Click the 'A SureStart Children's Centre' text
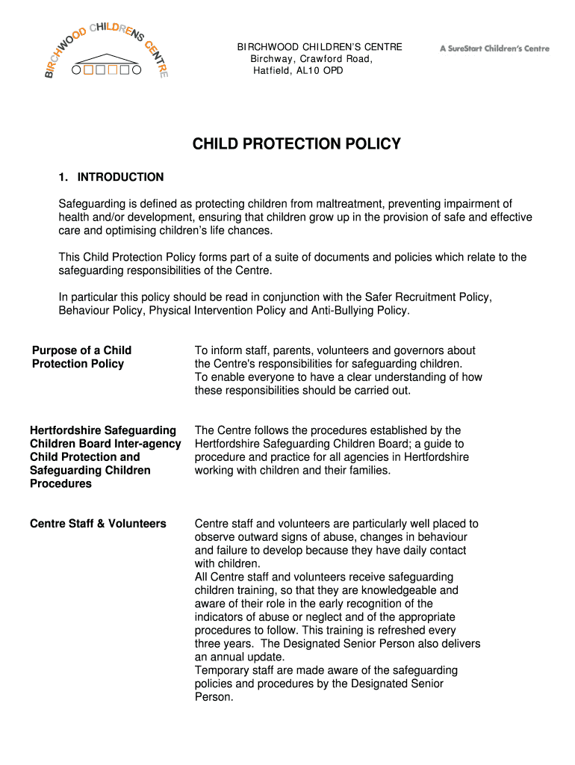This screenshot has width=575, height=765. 494,49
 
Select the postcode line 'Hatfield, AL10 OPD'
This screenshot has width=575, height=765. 299,71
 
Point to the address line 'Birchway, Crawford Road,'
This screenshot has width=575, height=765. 311,59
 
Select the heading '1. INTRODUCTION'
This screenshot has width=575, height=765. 111,177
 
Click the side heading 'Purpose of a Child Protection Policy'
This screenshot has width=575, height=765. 81,357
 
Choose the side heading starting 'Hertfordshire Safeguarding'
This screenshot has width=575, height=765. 105,456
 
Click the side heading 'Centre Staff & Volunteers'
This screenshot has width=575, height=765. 98,524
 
